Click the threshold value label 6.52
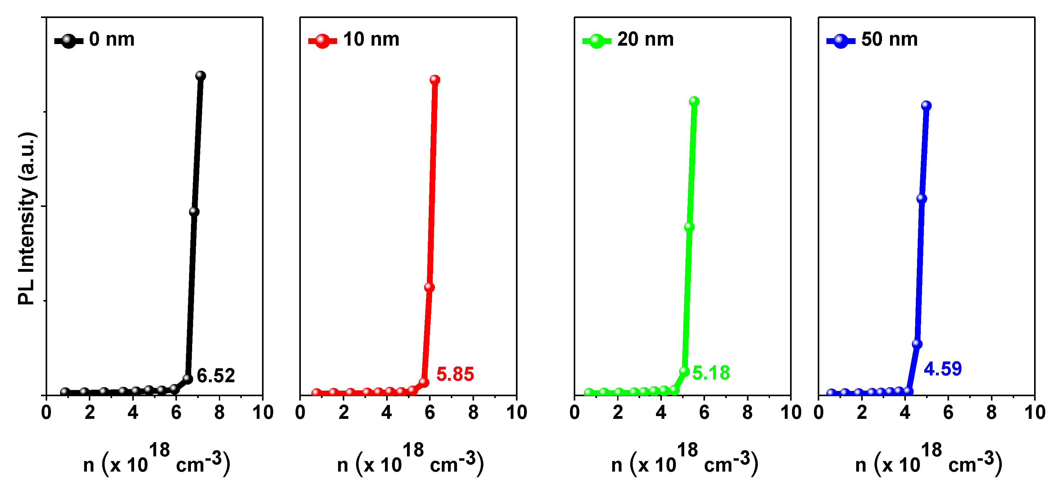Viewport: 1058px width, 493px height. coord(216,376)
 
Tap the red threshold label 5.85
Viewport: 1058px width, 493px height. coord(455,374)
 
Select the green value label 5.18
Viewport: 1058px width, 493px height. coord(711,373)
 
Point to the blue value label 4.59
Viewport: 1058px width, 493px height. coord(943,369)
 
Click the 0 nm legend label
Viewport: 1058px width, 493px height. coord(112,39)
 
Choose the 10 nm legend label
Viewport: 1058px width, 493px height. coord(371,39)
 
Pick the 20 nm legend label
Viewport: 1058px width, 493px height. coord(645,39)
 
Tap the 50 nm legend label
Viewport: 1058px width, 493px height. coord(889,39)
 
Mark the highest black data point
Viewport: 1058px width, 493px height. coord(201,75)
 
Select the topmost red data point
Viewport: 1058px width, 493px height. coord(435,80)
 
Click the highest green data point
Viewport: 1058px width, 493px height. coord(694,101)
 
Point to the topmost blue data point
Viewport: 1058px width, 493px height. coord(926,105)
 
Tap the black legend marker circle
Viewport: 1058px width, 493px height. coord(68,41)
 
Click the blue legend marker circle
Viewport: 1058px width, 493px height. coord(841,41)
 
